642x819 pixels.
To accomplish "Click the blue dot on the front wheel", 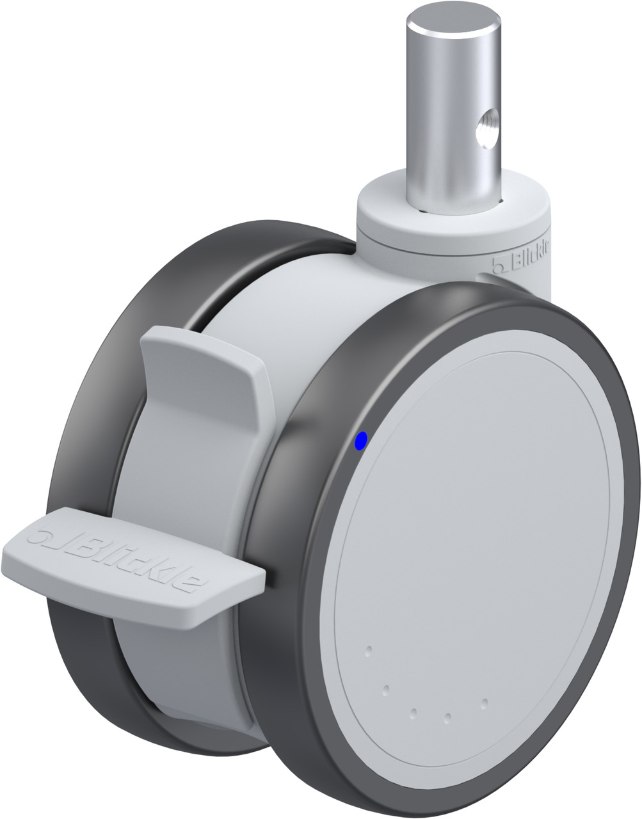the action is point(361,441).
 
